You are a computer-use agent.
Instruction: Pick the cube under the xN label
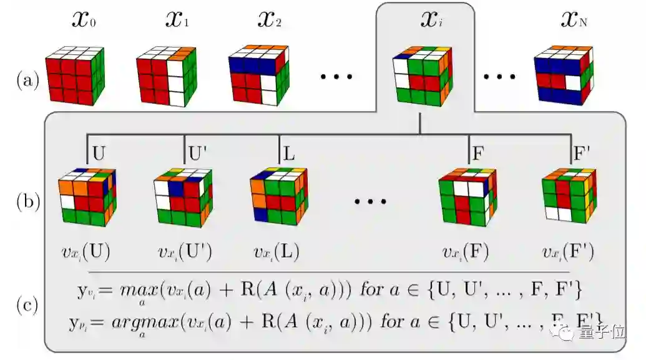click(562, 75)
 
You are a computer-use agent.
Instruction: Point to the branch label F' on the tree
click(582, 152)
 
